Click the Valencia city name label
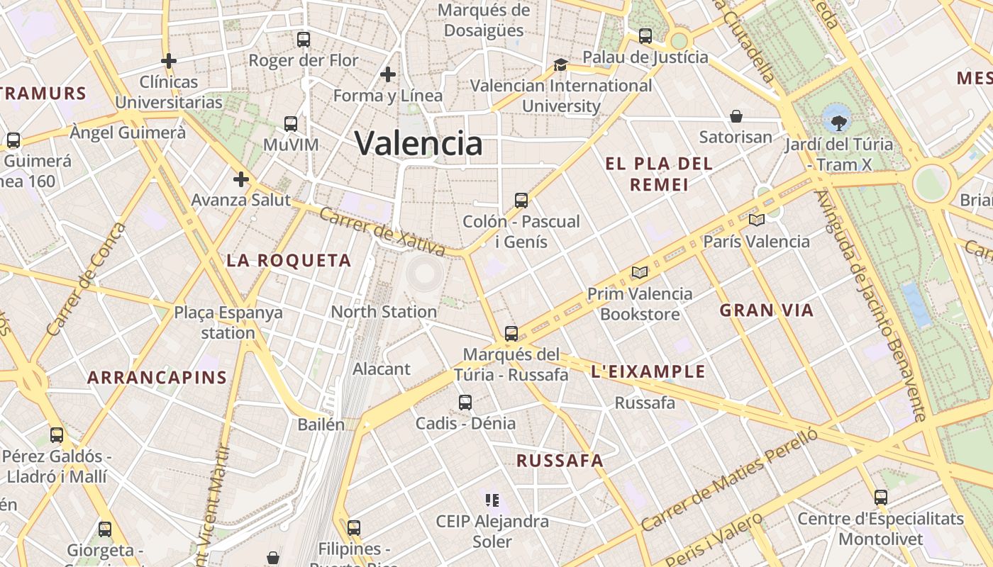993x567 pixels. pos(418,143)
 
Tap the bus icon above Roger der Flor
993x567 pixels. pos(304,40)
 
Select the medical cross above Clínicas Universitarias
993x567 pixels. pos(169,61)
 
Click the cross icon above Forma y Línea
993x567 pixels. pos(388,74)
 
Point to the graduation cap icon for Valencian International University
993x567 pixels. pos(560,64)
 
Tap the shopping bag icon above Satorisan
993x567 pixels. pos(736,116)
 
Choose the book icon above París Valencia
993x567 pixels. pos(756,220)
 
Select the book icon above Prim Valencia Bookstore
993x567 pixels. pos(640,272)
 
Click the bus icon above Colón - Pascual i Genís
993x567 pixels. pos(521,201)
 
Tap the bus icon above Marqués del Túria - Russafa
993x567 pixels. pos(511,333)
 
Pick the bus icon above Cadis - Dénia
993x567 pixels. pos(465,403)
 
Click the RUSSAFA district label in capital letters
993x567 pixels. pos(560,461)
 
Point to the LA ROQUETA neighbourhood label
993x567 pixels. pos(289,261)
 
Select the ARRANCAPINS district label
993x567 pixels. pos(157,378)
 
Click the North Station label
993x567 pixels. pos(384,312)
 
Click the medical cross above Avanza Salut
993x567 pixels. pos(241,179)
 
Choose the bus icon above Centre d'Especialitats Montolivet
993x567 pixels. pos(881,498)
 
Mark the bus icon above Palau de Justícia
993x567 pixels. pos(645,36)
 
